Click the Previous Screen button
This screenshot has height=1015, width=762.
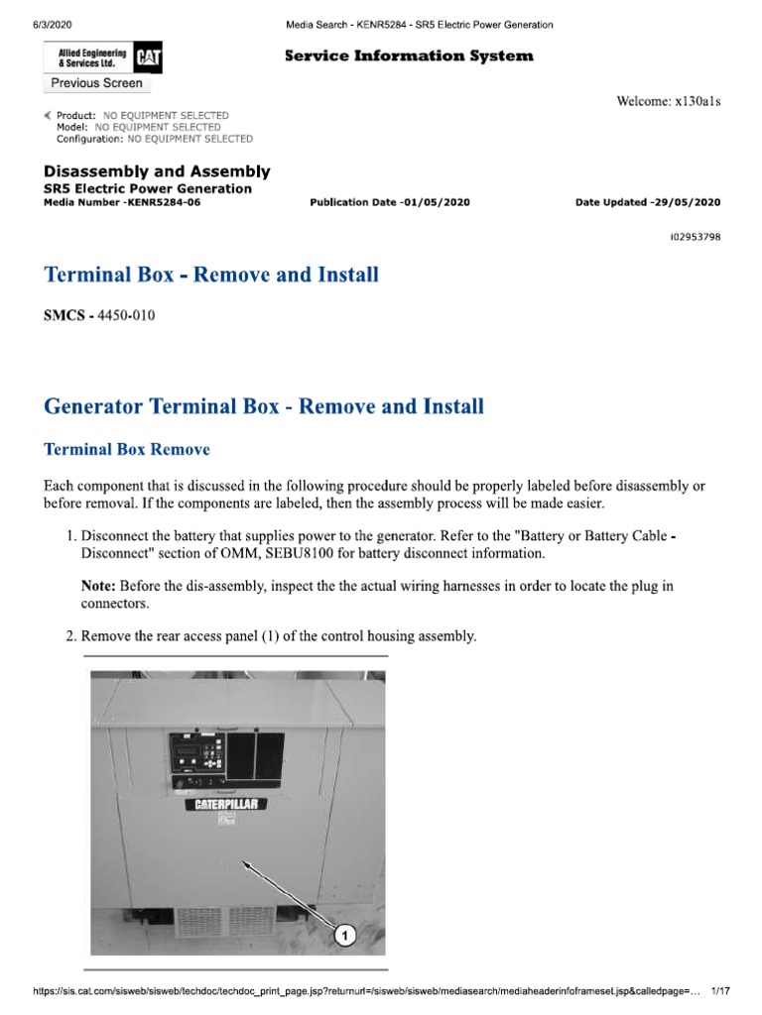click(x=96, y=83)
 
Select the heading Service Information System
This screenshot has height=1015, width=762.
click(x=409, y=56)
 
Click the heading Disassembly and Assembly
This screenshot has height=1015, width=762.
click(x=157, y=171)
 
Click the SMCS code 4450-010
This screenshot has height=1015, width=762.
click(x=120, y=316)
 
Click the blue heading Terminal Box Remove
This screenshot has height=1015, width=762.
click(x=127, y=449)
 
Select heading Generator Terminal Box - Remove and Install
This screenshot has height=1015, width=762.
click(x=264, y=405)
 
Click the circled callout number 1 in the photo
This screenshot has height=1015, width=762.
click(x=343, y=934)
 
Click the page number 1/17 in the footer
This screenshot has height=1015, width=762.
click(x=721, y=991)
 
